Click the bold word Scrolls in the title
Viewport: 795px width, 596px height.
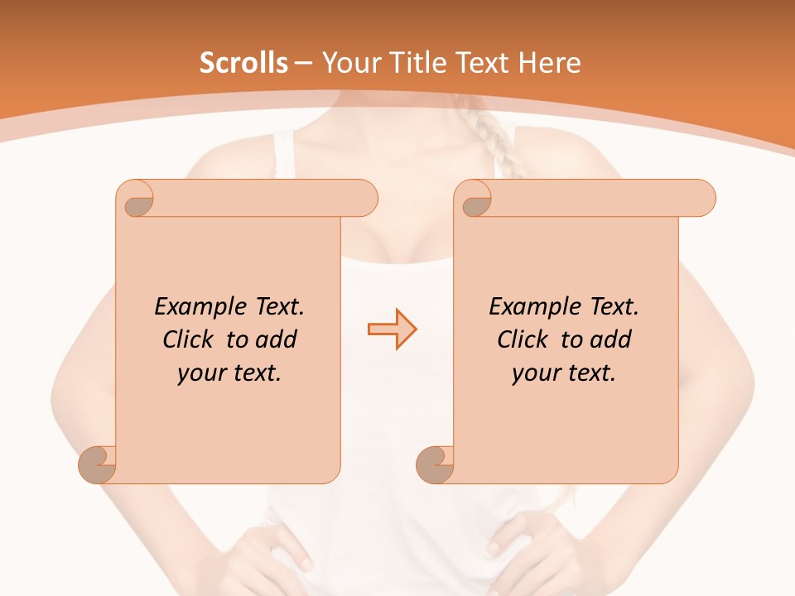point(243,63)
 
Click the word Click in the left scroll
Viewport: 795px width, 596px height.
point(190,339)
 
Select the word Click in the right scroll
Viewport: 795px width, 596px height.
point(523,339)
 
